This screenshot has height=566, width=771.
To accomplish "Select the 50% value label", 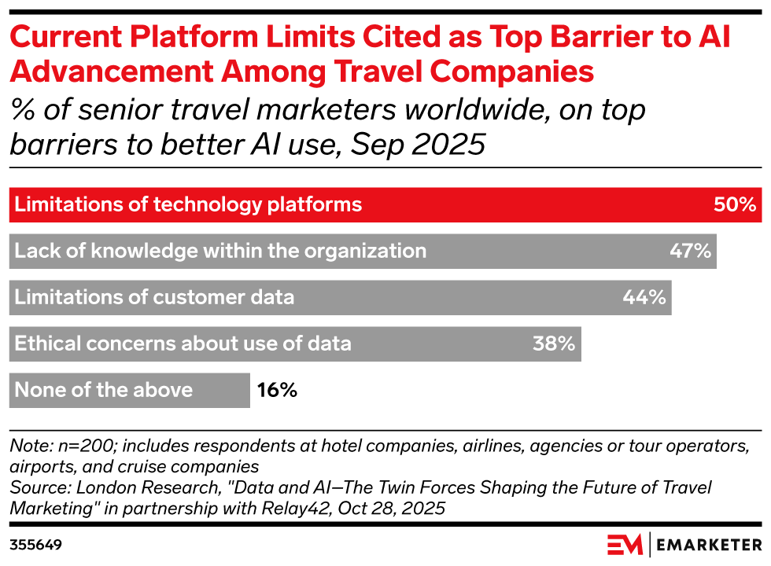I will pyautogui.click(x=735, y=205).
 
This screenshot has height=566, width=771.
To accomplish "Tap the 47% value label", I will pyautogui.click(x=690, y=252).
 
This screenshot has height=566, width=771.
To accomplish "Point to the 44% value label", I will pyautogui.click(x=644, y=297).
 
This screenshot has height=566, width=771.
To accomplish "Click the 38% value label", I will pyautogui.click(x=554, y=344).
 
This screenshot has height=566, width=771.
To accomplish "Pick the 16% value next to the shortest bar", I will pyautogui.click(x=277, y=390).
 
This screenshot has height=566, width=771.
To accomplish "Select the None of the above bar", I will pyautogui.click(x=129, y=390).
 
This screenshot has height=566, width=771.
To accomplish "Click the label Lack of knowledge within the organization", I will pyautogui.click(x=220, y=252).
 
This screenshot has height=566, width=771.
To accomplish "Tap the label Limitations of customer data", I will pyautogui.click(x=154, y=297).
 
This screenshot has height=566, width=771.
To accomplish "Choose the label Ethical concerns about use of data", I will pyautogui.click(x=183, y=344).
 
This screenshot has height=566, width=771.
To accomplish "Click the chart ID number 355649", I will pyautogui.click(x=36, y=544).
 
